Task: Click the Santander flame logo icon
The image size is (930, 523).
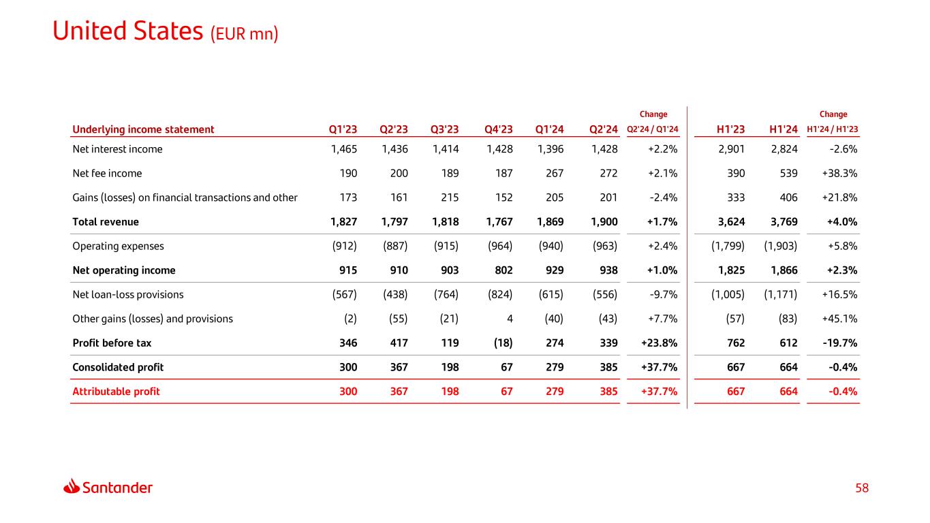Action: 72,487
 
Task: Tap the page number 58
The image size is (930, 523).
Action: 863,488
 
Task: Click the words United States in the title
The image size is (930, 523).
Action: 127,31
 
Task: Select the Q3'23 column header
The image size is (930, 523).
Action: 444,129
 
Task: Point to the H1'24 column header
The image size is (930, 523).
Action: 783,129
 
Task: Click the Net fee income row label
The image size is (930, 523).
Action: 107,174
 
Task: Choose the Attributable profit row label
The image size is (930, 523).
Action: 116,392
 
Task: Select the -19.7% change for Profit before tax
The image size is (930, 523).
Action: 839,343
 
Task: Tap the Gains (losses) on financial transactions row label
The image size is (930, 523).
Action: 185,197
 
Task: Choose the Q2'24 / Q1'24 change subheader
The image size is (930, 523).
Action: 652,130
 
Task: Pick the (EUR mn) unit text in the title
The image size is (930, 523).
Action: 245,34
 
